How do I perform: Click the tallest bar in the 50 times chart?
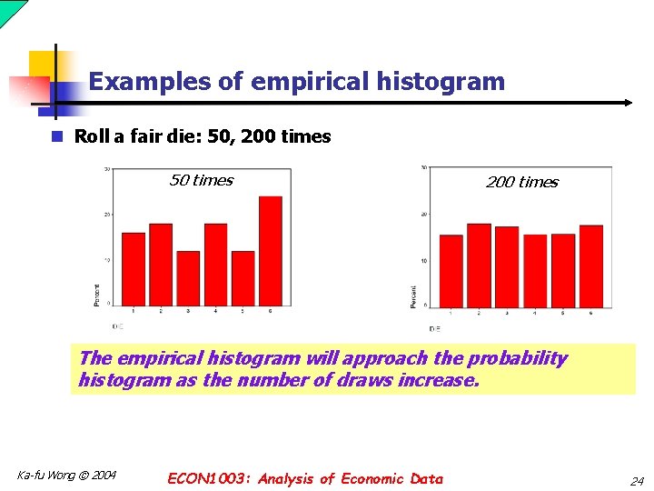270,250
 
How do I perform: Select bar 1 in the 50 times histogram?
134,268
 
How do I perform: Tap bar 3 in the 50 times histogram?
188,277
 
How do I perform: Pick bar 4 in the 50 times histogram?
215,264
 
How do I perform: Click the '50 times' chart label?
201,180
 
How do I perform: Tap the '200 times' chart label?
522,182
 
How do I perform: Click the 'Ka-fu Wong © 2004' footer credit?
66,475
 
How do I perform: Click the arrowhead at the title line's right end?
627,103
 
